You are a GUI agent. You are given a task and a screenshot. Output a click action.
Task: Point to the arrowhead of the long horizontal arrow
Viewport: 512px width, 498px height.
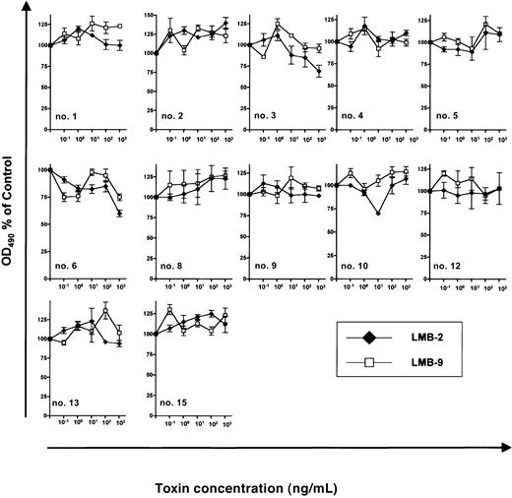[x=504, y=444]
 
